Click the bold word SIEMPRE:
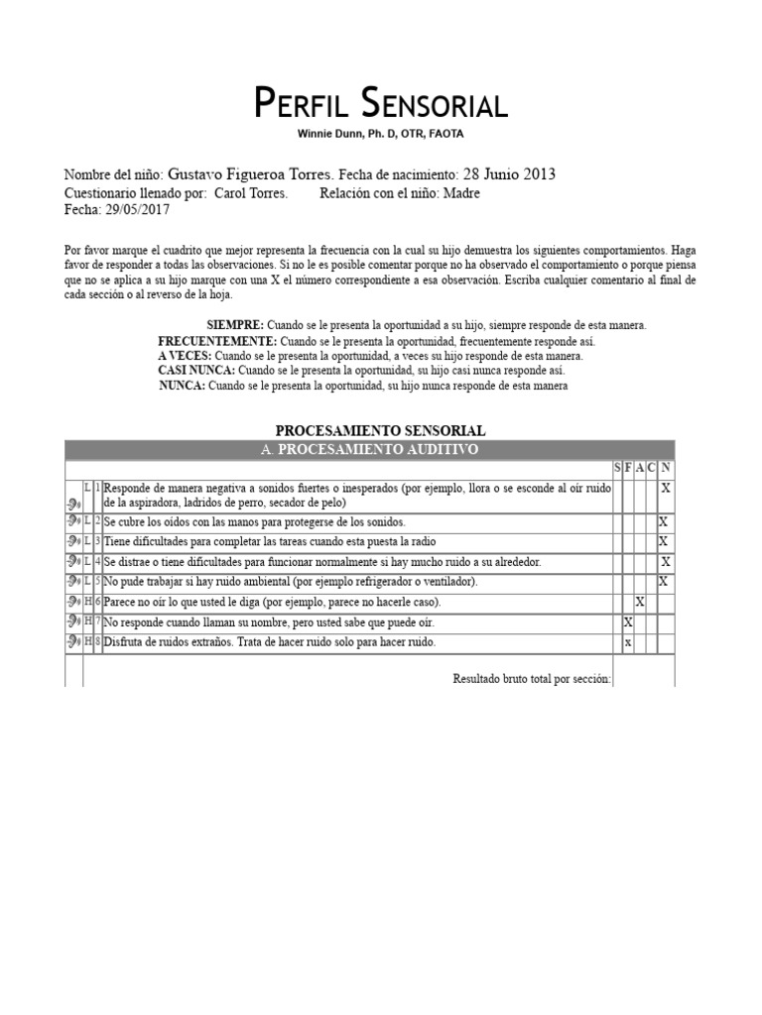[235, 325]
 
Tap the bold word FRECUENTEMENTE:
[217, 341]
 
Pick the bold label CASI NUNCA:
[195, 371]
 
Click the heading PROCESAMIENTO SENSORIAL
[380, 431]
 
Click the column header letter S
[617, 468]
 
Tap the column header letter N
[666, 468]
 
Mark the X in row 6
[640, 602]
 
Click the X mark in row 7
[627, 622]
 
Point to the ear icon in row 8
[73, 642]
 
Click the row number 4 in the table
[97, 562]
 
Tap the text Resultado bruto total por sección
[532, 679]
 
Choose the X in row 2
[664, 521]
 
